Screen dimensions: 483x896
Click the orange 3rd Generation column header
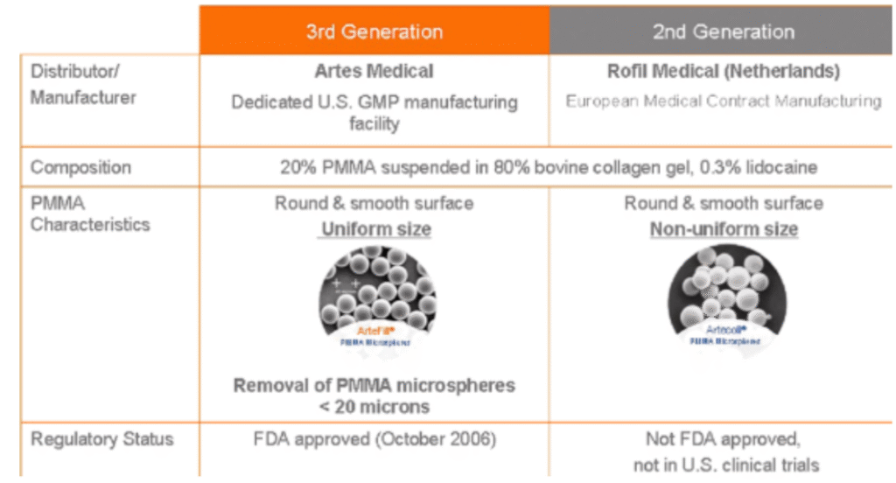374,32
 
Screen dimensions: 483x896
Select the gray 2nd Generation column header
723,32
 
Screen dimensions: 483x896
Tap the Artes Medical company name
374,71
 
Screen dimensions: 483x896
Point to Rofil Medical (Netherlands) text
723,71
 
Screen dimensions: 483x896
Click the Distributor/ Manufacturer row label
83,84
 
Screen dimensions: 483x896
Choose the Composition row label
80,167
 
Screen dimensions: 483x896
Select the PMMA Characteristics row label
90,213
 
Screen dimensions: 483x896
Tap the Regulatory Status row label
102,438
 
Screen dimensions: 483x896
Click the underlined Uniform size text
374,229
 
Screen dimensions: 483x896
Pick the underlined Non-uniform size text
723,229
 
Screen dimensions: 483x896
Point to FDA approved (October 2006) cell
374,438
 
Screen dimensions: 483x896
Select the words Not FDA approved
723,438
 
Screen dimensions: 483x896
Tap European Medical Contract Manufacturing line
723,101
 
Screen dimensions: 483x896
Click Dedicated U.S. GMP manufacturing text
374,102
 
